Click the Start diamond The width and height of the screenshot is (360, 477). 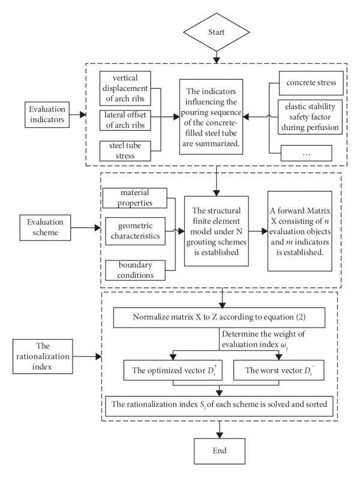217,32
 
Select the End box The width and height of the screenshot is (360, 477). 220,451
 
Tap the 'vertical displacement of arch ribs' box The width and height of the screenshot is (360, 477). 125,88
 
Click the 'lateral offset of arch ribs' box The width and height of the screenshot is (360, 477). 125,120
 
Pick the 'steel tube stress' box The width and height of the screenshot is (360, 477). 125,151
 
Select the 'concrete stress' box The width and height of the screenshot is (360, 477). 311,83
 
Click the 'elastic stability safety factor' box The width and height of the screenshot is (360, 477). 310,117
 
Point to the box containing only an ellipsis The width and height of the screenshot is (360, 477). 306,153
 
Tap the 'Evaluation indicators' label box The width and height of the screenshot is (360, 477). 47,115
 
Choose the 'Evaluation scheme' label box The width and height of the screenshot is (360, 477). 45,227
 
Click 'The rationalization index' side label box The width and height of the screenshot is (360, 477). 43,356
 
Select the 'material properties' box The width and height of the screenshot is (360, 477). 135,198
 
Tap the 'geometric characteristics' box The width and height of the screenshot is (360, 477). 135,231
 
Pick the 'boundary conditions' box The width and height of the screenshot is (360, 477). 135,270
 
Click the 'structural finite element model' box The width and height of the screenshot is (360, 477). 217,231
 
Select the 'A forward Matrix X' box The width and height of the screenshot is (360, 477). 300,231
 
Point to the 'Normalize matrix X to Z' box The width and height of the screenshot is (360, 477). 219,317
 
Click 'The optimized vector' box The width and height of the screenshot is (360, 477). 173,370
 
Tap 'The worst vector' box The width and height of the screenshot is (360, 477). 278,370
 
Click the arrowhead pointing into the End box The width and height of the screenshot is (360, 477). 219,435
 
